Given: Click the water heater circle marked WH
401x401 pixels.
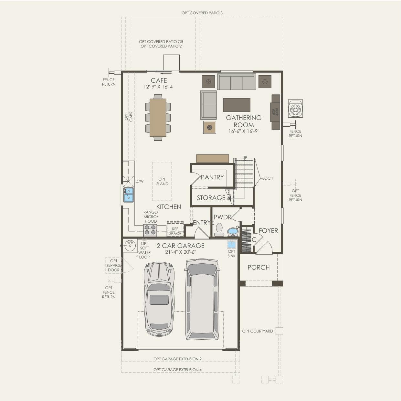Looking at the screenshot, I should pos(130,245).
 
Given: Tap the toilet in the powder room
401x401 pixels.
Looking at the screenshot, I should pos(219,229).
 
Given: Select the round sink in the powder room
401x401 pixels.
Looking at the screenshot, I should pos(233,232).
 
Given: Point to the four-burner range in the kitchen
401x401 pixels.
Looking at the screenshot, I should pos(150,230).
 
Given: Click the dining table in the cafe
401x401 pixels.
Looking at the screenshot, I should pos(158,117).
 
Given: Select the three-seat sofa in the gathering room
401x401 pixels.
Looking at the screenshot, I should pos(237,82).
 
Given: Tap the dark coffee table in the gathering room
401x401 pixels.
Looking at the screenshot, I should pos(237,105).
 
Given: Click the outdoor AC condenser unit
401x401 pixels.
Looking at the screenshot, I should pos(295,109).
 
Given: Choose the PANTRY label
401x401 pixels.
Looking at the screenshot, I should pos(212,177).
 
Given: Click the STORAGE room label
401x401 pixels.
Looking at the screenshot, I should pos(211,198).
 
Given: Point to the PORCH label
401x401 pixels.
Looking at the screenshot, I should pos(259,268).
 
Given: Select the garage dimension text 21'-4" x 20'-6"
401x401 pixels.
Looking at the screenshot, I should pos(181,252).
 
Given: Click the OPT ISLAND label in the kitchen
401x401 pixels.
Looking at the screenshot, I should pos(162,182).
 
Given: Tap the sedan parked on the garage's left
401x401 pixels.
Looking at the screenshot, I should pos(159,299).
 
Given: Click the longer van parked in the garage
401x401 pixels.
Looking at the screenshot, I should pos(202,299).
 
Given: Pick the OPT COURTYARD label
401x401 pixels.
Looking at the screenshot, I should pos(257,331).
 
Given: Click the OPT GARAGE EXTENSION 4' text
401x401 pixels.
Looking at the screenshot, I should pos(178,370).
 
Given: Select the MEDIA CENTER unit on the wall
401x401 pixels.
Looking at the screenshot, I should pos(276,112).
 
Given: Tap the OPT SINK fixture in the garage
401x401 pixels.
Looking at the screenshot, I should pos(231,244).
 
